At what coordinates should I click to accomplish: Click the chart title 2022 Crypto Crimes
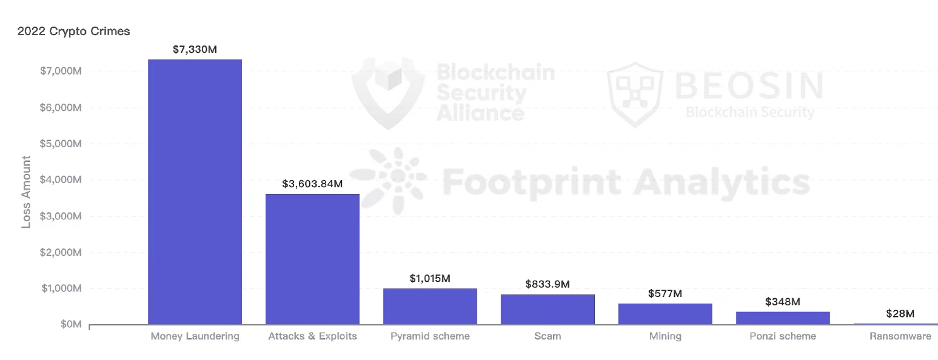point(73,32)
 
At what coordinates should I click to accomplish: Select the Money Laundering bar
point(195,192)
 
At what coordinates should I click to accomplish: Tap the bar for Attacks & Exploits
point(312,259)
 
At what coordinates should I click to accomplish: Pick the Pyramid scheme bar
point(430,306)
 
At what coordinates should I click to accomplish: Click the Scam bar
point(548,309)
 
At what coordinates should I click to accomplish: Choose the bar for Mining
point(665,314)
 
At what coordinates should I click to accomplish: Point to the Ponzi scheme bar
point(783,318)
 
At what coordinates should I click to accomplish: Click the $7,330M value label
point(195,49)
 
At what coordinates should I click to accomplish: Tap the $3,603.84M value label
point(312,184)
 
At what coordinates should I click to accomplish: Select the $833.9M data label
point(548,284)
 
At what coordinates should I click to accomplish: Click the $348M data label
point(783,301)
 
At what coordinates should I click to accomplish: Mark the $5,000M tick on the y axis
point(60,144)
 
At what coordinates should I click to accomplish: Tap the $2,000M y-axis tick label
point(60,253)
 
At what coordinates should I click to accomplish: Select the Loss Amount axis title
point(26,192)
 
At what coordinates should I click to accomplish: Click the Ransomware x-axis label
point(900,336)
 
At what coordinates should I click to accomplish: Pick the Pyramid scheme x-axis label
point(430,336)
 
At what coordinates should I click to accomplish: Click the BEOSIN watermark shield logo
point(635,94)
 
